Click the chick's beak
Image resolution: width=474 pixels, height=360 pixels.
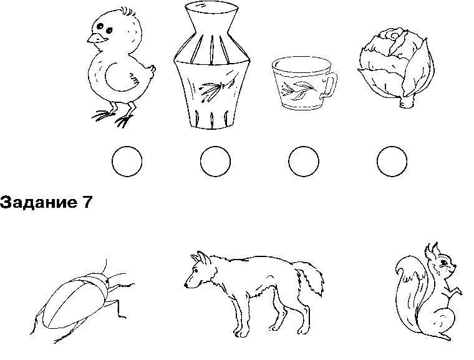point(96,39)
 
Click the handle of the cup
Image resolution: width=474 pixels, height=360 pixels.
point(329,85)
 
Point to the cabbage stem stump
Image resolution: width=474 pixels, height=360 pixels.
point(407,102)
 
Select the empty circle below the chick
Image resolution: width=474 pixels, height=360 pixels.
point(127,161)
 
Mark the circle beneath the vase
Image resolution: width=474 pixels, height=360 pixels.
point(215,161)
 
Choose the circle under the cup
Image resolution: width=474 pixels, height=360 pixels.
point(304,161)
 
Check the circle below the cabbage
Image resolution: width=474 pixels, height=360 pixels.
point(392,161)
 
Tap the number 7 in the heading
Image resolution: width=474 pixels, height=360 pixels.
point(86,202)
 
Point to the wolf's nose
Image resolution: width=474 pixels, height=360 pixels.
point(186,285)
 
